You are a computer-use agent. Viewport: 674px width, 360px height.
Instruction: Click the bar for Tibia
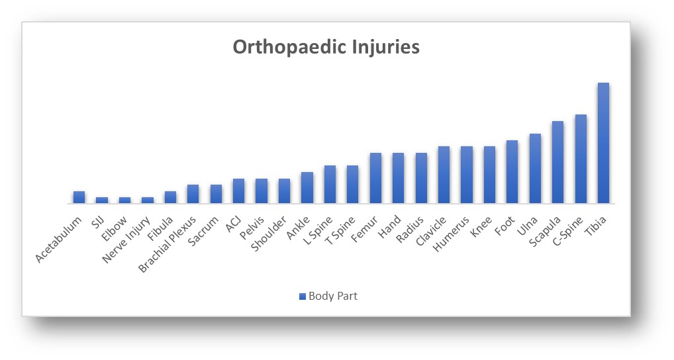[x=603, y=143]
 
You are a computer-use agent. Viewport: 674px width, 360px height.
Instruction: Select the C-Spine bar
[x=581, y=159]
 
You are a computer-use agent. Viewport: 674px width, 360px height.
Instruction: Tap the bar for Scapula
[x=558, y=162]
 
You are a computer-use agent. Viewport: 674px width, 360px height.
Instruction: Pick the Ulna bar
[x=535, y=168]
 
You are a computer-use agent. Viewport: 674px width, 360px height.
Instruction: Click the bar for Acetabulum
[x=79, y=197]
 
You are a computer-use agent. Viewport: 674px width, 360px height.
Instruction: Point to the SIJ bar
[x=102, y=201]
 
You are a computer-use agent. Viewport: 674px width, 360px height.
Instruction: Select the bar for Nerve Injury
[x=148, y=201]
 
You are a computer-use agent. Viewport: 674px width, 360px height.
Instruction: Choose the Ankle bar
[x=307, y=188]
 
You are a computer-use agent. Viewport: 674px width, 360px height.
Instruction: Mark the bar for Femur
[x=375, y=178]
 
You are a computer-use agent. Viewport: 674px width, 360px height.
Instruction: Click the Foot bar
[x=512, y=172]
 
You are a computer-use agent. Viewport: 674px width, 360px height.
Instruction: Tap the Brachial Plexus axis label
[x=168, y=244]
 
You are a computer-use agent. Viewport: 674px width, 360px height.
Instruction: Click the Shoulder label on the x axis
[x=269, y=234]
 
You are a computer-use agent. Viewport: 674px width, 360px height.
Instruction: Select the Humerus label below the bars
[x=451, y=234]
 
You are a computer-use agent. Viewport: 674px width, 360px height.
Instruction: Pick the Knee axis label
[x=481, y=226]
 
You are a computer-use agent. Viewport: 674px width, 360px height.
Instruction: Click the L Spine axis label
[x=318, y=230]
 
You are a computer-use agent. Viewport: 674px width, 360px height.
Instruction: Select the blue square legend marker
[x=303, y=296]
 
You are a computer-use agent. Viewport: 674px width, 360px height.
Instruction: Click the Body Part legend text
[x=333, y=296]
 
